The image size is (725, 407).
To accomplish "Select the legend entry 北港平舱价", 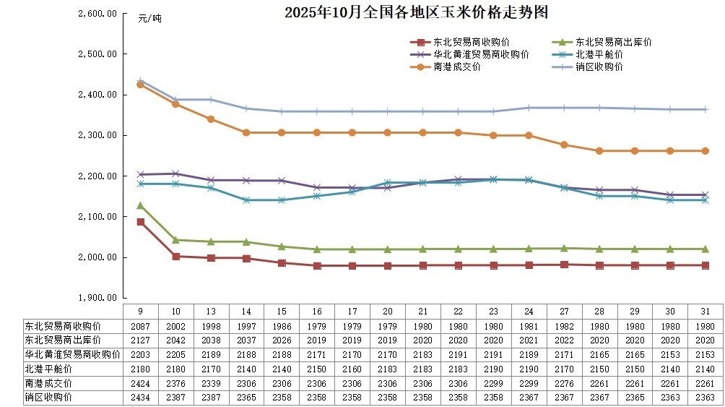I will tap(599, 54).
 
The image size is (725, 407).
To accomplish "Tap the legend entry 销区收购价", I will tap(599, 67).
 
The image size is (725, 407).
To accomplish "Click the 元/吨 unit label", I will tap(150, 19).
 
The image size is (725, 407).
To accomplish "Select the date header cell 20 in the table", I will tap(388, 311).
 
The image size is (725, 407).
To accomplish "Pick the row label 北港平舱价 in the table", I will tap(45, 369).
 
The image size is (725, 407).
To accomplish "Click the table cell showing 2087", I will tap(141, 325).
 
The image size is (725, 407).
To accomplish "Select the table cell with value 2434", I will tap(141, 397).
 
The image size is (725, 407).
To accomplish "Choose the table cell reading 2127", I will tap(141, 340).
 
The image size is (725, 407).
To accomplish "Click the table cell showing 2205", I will tap(176, 354).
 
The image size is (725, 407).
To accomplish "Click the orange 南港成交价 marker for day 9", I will tap(140, 85).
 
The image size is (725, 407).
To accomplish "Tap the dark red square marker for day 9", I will tap(140, 222).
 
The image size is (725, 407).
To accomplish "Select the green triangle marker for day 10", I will tap(175, 240).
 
